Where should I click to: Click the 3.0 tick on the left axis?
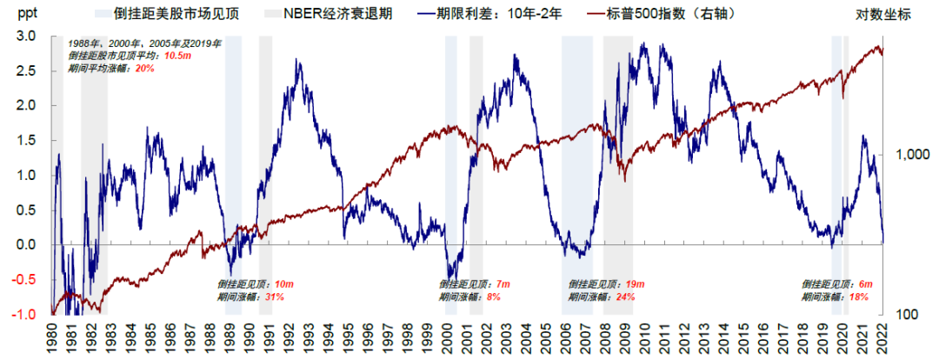pyautogui.click(x=25, y=37)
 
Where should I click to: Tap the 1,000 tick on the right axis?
pyautogui.click(x=907, y=154)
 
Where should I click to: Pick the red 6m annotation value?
pyautogui.click(x=865, y=284)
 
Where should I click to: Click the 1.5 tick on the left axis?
pyautogui.click(x=25, y=141)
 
